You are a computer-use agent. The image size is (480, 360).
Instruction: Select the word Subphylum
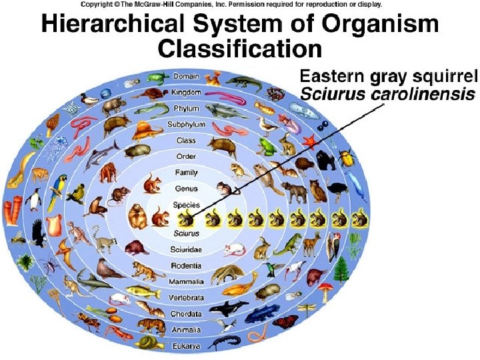click(186, 125)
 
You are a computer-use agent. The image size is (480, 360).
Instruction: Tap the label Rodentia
click(186, 265)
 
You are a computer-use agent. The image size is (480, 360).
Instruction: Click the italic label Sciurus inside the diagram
click(186, 234)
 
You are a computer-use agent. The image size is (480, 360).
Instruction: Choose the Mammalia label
click(186, 281)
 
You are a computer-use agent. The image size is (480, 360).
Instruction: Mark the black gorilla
click(326, 159)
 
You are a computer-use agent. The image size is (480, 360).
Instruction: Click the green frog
click(267, 147)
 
